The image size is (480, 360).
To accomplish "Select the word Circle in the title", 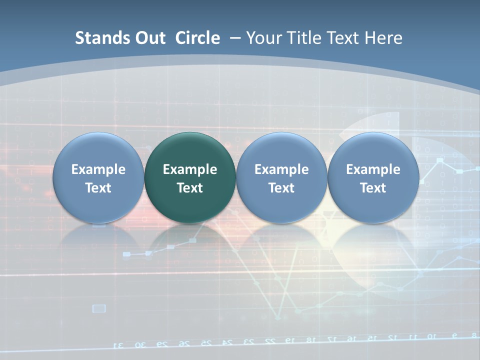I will click(x=197, y=38).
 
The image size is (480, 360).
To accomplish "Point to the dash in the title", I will click(x=235, y=38).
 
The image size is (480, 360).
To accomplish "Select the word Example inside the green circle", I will click(x=190, y=169).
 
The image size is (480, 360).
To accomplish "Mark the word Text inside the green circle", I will click(x=190, y=188).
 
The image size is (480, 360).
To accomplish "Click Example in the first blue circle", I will click(x=98, y=169).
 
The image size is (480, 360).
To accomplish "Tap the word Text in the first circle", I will click(x=98, y=188).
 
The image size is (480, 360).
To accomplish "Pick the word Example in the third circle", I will click(x=281, y=169).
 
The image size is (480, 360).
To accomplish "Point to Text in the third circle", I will click(x=281, y=188).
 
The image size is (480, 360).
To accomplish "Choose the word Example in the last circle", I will click(x=373, y=169).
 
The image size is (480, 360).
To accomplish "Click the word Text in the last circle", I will click(x=373, y=188).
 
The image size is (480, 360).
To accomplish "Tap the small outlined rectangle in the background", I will click(x=99, y=308).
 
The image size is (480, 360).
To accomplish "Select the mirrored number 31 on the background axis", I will click(x=119, y=344).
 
